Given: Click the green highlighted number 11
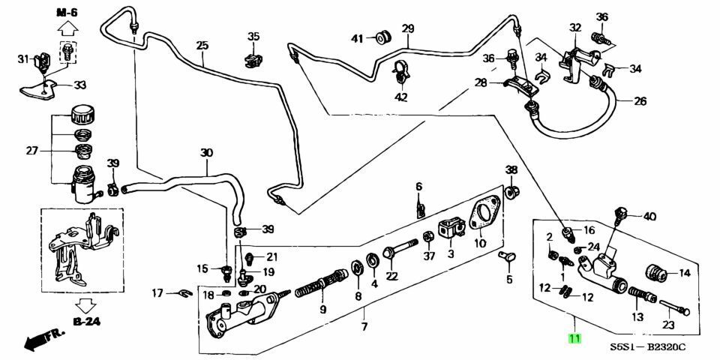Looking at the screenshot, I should pos(574,338).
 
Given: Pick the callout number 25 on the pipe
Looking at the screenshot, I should pos(202,46).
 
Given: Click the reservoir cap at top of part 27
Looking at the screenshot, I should pos(79,116).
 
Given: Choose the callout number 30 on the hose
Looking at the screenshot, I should pos(206,153).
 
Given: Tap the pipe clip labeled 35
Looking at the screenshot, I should pos(251,56).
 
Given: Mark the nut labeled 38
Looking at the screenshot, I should pos(511,191).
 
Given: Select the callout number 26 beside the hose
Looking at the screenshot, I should pos(639,102).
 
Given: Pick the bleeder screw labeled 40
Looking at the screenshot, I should pos(619,215).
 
